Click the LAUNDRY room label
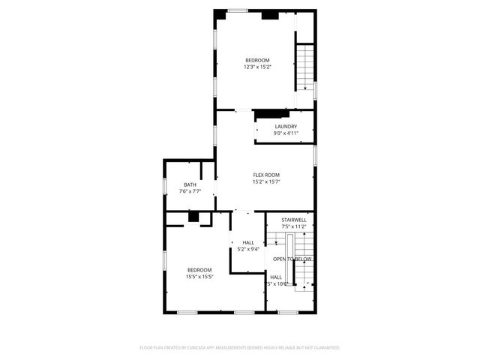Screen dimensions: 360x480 [286, 127]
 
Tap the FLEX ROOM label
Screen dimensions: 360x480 [266, 175]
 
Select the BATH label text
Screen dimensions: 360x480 [190, 185]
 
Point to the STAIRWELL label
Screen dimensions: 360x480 [293, 220]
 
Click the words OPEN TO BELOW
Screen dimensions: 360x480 [292, 259]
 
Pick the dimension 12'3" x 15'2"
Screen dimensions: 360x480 [257, 67]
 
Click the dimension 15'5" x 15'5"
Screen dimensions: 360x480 [199, 277]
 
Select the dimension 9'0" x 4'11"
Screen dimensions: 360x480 [286, 133]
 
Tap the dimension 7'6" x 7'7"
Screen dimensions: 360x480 [190, 192]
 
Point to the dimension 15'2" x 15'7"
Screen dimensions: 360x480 [266, 181]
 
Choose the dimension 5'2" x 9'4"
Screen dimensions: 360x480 [248, 249]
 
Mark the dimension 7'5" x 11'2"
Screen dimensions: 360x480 [293, 226]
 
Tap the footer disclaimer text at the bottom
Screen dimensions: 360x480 [240, 348]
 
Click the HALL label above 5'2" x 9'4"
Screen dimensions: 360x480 [248, 242]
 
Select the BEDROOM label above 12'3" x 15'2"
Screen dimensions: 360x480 [257, 60]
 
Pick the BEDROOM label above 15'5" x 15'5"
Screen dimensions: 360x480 [199, 270]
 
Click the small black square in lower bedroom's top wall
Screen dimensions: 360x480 [193, 217]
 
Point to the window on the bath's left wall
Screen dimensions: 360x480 [165, 186]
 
